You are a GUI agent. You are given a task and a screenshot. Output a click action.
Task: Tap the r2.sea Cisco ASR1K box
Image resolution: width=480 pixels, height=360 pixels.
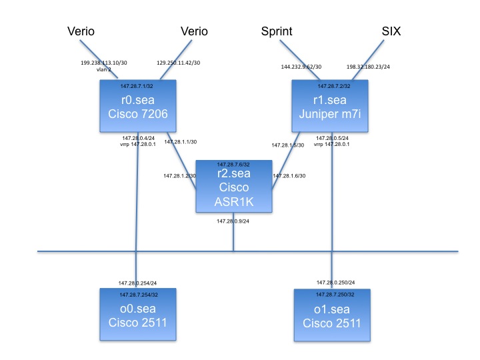pyautogui.click(x=233, y=187)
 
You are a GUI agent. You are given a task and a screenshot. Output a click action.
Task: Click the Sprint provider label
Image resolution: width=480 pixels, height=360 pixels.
pyautogui.click(x=278, y=31)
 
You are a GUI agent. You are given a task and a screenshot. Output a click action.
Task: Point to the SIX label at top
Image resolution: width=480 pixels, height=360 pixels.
pyautogui.click(x=392, y=31)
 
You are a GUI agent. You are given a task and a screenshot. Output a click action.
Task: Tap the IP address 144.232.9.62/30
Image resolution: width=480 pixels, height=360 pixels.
pyautogui.click(x=301, y=67)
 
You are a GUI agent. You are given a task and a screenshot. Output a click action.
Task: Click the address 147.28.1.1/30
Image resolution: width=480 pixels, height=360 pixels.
pyautogui.click(x=181, y=141)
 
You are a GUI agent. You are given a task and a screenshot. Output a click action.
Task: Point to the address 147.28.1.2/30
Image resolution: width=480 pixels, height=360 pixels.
pyautogui.click(x=179, y=176)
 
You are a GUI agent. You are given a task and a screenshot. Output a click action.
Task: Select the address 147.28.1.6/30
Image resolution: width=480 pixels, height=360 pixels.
pyautogui.click(x=289, y=176)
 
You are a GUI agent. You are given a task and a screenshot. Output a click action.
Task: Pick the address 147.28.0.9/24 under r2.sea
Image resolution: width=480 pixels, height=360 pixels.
pyautogui.click(x=233, y=220)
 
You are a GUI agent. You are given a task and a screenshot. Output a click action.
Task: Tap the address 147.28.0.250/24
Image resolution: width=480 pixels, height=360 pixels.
pyautogui.click(x=335, y=283)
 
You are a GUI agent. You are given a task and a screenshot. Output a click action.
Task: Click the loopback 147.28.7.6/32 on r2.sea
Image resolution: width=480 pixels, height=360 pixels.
pyautogui.click(x=233, y=164)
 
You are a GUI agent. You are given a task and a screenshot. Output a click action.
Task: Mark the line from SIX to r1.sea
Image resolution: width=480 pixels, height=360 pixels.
pyautogui.click(x=368, y=59)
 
